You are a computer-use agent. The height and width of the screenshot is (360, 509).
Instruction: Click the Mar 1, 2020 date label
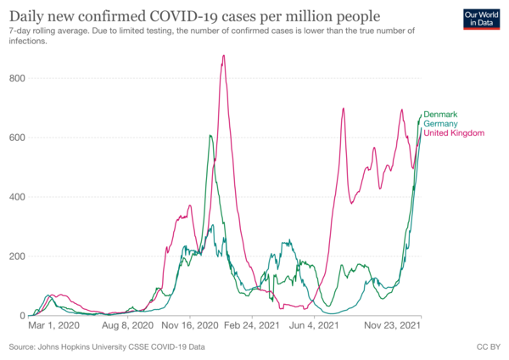(54, 325)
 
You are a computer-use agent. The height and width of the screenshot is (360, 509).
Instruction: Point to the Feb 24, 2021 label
(252, 325)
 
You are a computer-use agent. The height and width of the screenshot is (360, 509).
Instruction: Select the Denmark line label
(441, 114)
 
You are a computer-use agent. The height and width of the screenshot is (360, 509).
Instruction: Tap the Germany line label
(441, 124)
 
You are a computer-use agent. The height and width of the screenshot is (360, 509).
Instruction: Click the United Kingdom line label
(453, 133)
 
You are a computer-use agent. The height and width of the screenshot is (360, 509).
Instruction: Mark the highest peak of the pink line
(223, 56)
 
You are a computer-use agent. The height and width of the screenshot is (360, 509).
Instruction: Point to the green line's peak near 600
(209, 135)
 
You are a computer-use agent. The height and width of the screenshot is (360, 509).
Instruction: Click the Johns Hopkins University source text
(107, 347)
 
